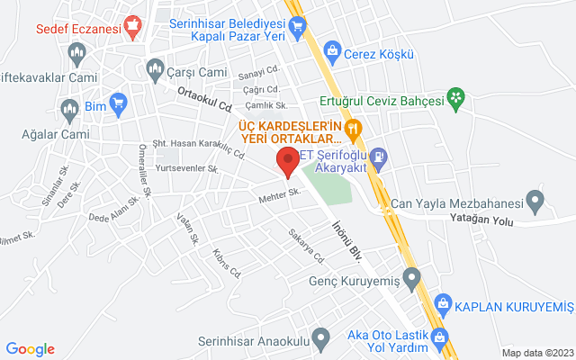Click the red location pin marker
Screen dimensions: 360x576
tap(288, 163)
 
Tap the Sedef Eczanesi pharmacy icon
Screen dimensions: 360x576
tap(134, 26)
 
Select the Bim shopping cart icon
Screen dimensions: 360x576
tap(117, 104)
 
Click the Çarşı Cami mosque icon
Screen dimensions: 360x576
tap(154, 68)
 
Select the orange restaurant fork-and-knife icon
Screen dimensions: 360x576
tap(354, 129)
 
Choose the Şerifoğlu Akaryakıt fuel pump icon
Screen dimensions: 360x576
tap(380, 157)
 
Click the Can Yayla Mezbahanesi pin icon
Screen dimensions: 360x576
tap(535, 200)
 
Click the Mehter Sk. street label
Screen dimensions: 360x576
tap(277, 198)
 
